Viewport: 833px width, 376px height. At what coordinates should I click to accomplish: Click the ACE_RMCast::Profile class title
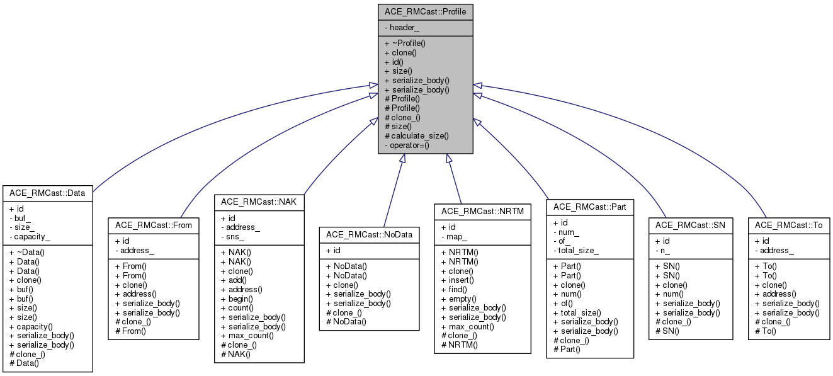tap(425, 12)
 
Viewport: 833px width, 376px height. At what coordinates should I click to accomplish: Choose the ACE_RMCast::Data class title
tap(47, 193)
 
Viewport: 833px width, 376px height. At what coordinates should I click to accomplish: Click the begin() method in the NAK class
tap(235, 299)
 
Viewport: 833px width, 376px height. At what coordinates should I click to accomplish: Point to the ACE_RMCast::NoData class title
tap(369, 234)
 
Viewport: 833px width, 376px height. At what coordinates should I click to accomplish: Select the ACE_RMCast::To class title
tap(788, 225)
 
